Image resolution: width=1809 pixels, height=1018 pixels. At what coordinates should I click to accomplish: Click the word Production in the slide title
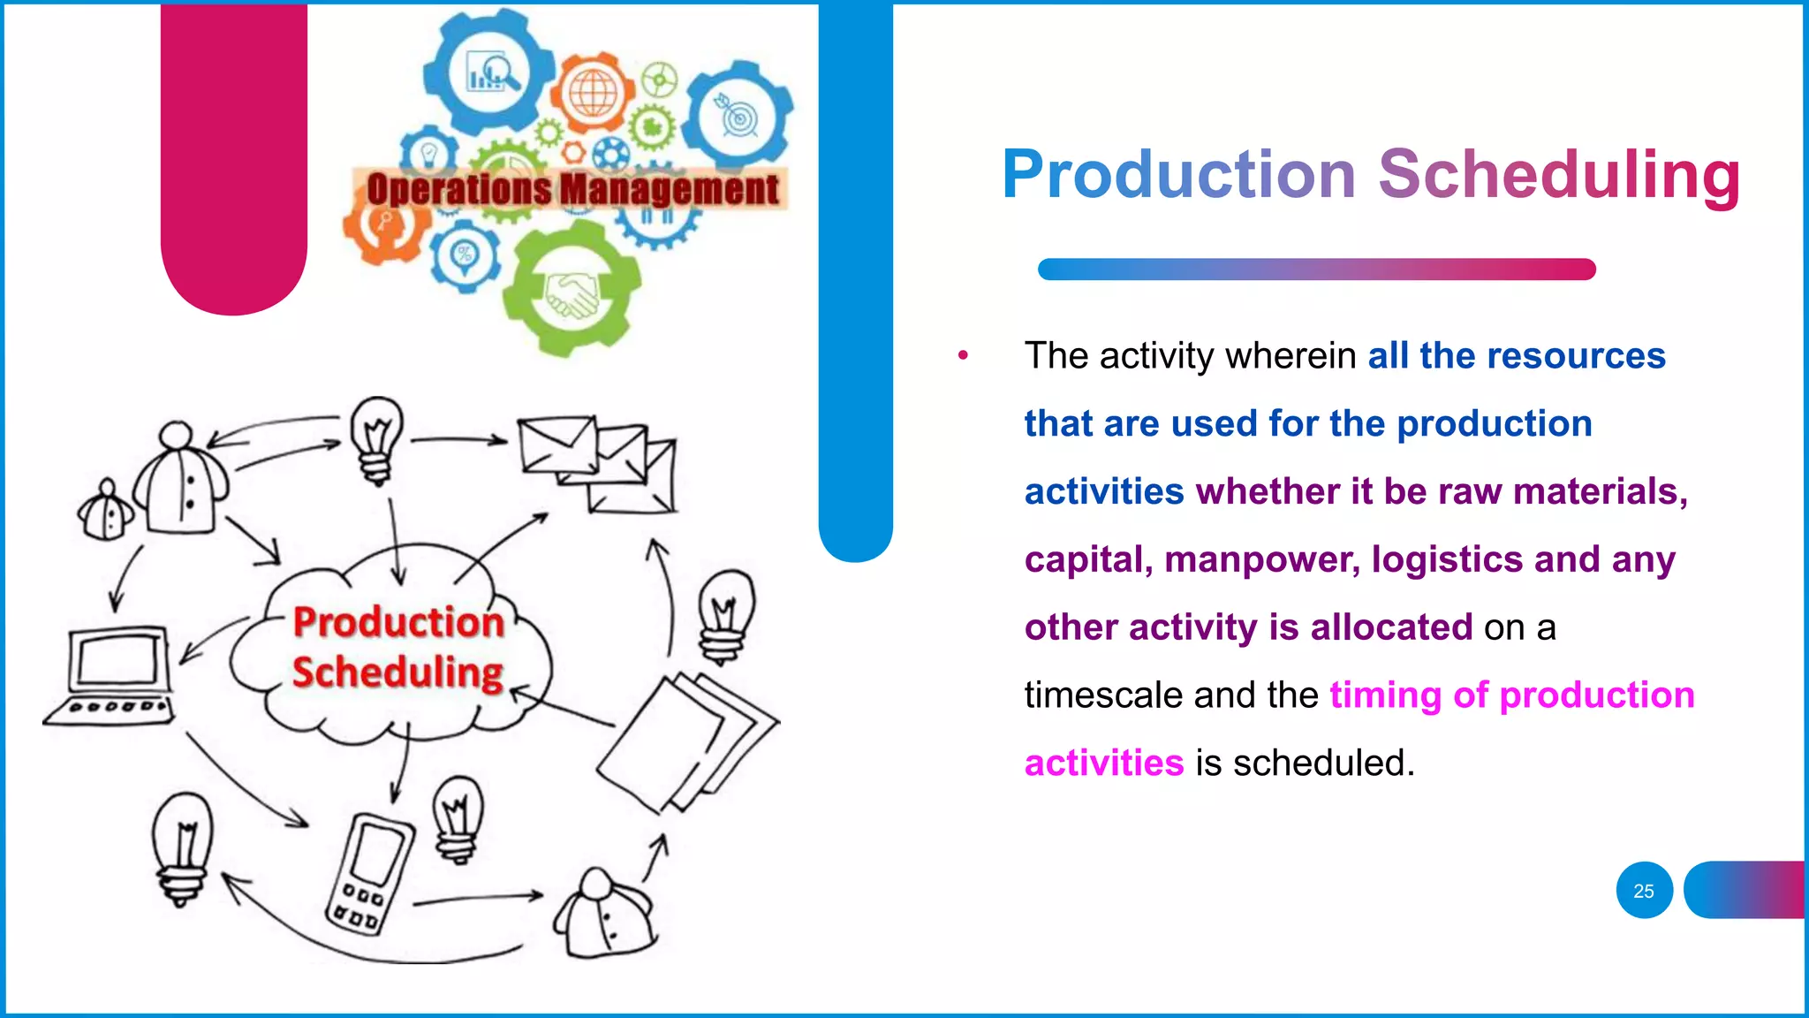click(1178, 174)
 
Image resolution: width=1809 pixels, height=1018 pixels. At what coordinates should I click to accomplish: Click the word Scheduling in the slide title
click(1559, 174)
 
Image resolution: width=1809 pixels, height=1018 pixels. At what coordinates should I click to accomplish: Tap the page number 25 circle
click(1644, 891)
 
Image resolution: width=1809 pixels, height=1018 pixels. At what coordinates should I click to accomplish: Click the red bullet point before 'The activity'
click(963, 356)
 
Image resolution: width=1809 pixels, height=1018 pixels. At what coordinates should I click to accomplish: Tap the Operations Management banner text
click(572, 189)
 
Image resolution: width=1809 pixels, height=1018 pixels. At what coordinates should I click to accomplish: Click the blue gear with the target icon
click(739, 117)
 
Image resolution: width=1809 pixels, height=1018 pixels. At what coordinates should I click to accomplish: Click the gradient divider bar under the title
click(1316, 270)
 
